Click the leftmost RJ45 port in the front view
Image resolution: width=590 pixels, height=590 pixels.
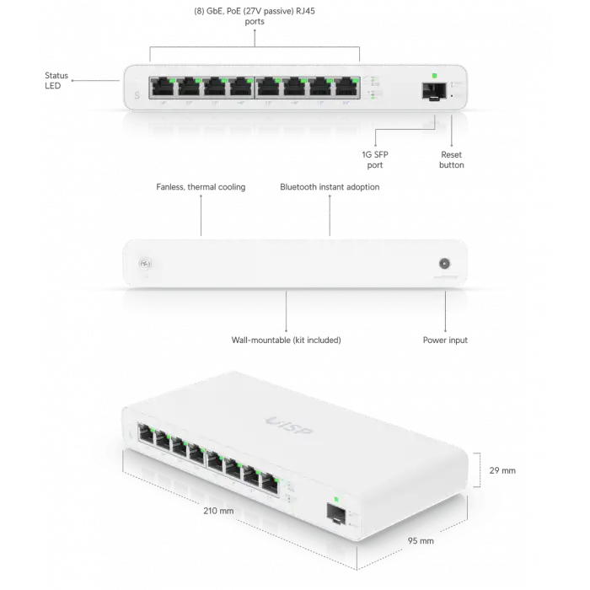(x=160, y=87)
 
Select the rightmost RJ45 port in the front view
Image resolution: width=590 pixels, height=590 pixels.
(x=346, y=87)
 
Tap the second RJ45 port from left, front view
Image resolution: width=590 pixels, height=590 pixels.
(x=187, y=87)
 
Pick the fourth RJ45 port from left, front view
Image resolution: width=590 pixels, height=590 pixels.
(x=240, y=87)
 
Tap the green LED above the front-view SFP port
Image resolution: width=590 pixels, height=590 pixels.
(x=432, y=76)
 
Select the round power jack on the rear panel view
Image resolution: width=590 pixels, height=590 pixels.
(x=442, y=261)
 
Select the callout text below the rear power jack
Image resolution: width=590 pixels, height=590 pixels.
(x=445, y=341)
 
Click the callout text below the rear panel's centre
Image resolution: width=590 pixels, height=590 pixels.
(x=287, y=341)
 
